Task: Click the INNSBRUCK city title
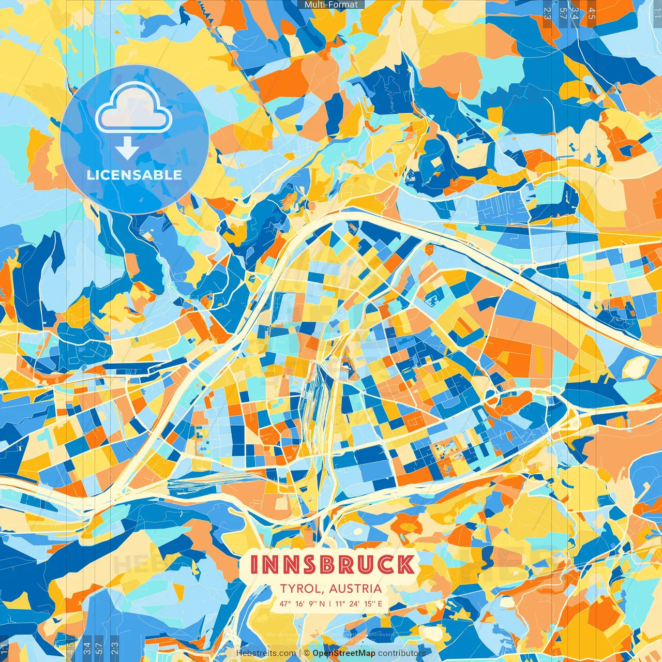click(332, 564)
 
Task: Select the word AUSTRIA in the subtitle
click(355, 589)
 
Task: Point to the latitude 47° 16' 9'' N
click(303, 604)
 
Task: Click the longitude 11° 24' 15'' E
click(359, 604)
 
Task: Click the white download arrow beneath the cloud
click(127, 148)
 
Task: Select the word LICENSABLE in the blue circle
click(134, 175)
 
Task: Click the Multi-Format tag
click(331, 5)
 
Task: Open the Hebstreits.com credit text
click(266, 653)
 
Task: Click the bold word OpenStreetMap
click(344, 653)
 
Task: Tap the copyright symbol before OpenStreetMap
click(306, 653)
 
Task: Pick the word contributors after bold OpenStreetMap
click(402, 653)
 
